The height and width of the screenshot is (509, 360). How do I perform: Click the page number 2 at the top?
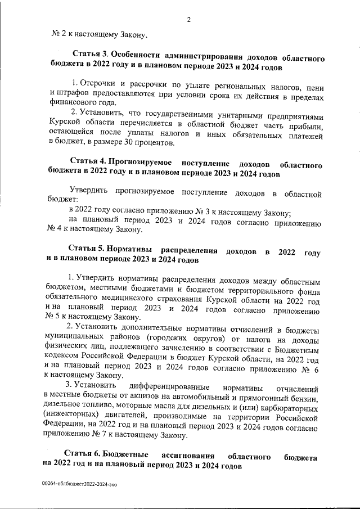point(190,21)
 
